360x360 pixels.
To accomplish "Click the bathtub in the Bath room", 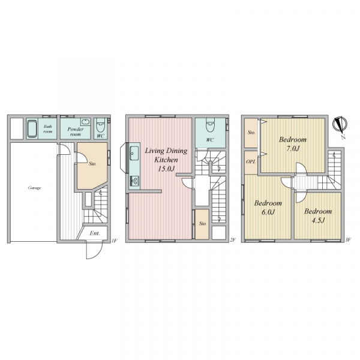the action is point(32,129).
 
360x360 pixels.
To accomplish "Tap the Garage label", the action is point(34,188).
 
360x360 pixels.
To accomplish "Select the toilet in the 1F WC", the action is point(101,125).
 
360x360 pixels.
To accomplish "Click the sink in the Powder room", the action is point(85,122).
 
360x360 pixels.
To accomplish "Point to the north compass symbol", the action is point(340,126).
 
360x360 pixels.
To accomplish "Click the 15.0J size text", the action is point(166,169).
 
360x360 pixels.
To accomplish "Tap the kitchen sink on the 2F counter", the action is point(134,153).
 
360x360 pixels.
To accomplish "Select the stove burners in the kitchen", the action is point(135,181).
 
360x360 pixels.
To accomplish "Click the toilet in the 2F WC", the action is point(210,125).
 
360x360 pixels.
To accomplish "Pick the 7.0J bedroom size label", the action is point(293,149).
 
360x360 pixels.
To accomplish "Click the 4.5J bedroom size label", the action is point(318,220).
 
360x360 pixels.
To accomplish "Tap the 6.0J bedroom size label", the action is point(268,212).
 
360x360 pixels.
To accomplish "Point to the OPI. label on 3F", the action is point(251,161).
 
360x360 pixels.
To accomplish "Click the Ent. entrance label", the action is point(95,233).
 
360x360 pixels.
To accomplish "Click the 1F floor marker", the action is point(115,241).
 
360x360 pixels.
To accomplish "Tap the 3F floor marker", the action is point(348,240).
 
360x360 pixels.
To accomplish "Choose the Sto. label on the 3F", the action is point(251,133).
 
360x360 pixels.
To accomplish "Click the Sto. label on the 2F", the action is point(203,223).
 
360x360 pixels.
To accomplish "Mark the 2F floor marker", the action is point(233,240).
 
